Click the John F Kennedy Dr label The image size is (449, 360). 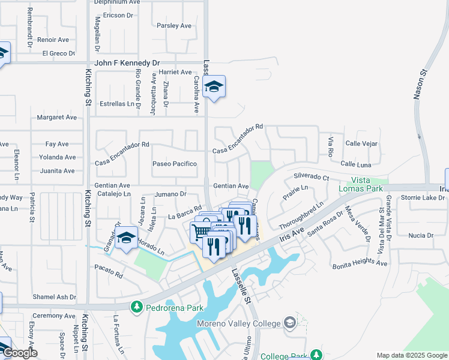127,62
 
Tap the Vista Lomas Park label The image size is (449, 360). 367,184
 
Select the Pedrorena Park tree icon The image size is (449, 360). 137,307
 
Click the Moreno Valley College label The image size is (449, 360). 239,324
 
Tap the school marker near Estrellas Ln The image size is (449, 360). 214,88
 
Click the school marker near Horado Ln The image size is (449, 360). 127,240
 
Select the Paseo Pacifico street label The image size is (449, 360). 174,164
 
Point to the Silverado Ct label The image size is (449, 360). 311,178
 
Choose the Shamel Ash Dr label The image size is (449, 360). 55,297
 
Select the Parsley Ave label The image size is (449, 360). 173,26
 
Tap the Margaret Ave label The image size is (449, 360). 57,118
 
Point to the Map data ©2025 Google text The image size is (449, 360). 411,355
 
